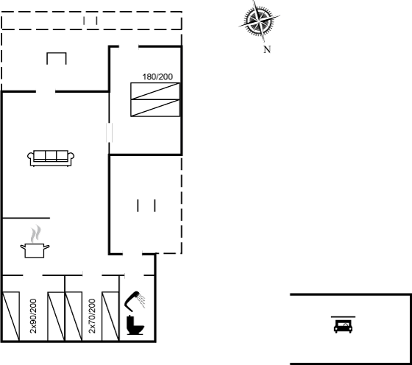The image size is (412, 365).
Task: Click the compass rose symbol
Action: click(x=259, y=21)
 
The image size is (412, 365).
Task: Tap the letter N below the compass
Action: click(x=267, y=49)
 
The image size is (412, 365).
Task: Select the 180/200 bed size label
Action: click(x=157, y=77)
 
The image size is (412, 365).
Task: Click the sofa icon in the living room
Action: click(x=51, y=158)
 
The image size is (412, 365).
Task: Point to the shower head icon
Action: click(x=135, y=300)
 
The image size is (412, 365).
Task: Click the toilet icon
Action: click(x=135, y=325)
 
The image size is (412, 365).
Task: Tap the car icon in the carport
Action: click(x=343, y=327)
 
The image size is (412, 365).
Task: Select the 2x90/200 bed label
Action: click(x=33, y=316)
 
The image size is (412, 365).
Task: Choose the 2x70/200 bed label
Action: click(x=92, y=316)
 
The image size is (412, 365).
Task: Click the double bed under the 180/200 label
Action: click(x=155, y=99)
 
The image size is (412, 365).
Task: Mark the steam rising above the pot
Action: click(x=35, y=233)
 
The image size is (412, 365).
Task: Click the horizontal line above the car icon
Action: click(x=343, y=317)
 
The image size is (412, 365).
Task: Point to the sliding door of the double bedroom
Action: click(x=110, y=132)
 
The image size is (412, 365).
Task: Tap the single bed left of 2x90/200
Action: click(x=11, y=316)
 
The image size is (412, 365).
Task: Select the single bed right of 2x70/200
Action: click(x=110, y=316)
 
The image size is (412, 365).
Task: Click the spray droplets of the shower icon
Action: click(x=142, y=301)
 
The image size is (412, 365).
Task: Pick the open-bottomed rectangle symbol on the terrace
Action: click(x=57, y=58)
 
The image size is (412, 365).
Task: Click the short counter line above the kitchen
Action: click(x=26, y=218)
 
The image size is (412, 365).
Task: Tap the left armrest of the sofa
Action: click(x=30, y=157)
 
